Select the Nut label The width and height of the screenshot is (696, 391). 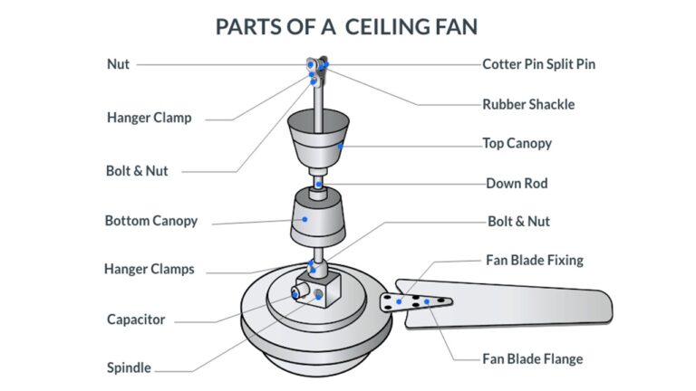coord(118,64)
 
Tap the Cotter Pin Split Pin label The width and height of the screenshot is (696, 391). coord(538,64)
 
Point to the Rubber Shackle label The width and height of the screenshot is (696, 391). coord(528,104)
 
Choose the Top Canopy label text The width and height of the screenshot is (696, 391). coord(517,143)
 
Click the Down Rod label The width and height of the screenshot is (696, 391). coord(517,183)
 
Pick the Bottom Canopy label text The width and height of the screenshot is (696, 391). coord(150,221)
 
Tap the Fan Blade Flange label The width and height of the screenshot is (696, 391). coord(534,358)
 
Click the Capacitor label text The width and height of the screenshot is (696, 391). coord(136,319)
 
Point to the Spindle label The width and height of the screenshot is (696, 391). coord(129,368)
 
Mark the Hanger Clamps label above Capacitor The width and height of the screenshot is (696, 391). coord(149,269)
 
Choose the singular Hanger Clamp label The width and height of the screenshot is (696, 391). coord(149,118)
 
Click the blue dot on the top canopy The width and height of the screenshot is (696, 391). coord(341,144)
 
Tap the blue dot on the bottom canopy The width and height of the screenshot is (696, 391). coord(305,218)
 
